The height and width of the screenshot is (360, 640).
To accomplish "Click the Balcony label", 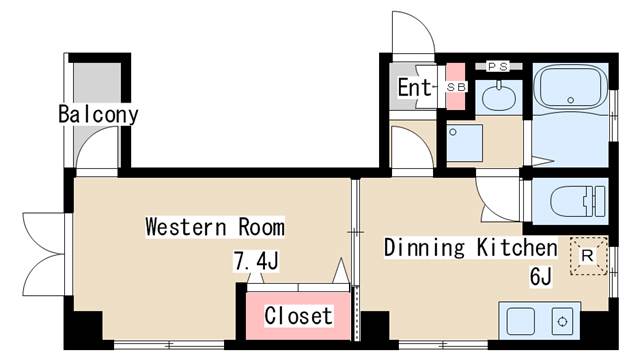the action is coord(98,114).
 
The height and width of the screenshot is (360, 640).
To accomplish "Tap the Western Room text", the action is coord(215,227).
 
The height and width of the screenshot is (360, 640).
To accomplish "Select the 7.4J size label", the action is coord(256,261).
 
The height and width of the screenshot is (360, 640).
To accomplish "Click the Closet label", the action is coord(298,316).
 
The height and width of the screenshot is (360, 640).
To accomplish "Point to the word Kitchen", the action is coord(517,247).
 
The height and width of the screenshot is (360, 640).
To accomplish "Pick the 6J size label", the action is coord(541,276).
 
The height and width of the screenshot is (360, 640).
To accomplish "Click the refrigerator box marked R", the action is coord(588,256).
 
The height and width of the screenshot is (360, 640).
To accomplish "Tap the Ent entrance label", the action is coord(414,87).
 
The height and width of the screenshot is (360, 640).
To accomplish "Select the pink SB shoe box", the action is coord(456,87).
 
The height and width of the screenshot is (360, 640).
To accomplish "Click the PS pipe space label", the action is coord(498,66).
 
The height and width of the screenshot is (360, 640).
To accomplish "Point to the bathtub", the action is coord(571,87).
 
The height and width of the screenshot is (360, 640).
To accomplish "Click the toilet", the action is coord(577,201).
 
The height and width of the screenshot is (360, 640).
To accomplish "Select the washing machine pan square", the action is coord(464,143).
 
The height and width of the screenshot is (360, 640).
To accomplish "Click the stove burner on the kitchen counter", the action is coord(562,321).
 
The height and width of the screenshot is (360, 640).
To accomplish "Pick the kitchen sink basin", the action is coord(520,321).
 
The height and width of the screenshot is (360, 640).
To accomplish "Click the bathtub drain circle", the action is coord(571,100).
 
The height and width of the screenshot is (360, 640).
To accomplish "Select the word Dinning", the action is coord(424,247).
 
